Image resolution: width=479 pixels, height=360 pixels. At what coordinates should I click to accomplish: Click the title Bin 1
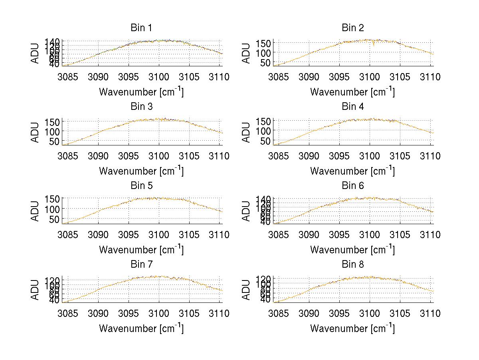[141, 28]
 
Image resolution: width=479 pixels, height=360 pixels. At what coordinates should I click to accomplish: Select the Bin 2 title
[352, 28]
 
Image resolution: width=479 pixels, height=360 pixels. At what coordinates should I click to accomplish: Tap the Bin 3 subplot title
[141, 107]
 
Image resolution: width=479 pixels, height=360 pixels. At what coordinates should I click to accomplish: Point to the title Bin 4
[352, 107]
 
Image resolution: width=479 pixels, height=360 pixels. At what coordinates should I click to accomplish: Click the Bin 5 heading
[141, 186]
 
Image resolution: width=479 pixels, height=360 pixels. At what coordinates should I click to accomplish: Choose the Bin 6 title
[352, 186]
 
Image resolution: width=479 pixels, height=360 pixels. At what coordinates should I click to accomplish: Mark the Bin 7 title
[141, 265]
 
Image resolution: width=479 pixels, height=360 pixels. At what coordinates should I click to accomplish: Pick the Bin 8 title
[352, 265]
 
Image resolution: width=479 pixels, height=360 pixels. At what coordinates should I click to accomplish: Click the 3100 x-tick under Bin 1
[159, 77]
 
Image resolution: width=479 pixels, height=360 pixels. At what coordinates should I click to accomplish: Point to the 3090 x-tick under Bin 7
[98, 314]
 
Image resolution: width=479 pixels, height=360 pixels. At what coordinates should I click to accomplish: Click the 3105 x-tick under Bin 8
[400, 314]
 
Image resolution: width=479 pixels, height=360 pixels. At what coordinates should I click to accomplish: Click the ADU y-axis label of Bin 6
[246, 211]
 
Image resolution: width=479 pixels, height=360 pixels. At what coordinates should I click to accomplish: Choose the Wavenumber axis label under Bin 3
[141, 171]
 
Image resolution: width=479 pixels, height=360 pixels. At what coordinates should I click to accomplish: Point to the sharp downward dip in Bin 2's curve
[374, 45]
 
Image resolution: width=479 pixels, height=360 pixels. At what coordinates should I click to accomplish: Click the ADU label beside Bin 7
[36, 290]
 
